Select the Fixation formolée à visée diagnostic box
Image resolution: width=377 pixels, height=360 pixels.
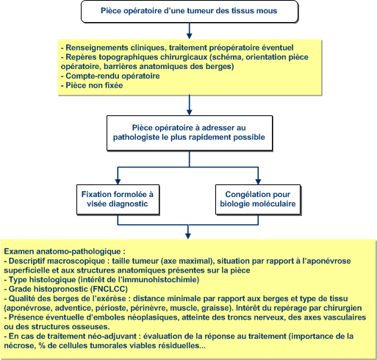click(118, 199)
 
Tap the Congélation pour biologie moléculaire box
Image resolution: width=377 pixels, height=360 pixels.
click(258, 199)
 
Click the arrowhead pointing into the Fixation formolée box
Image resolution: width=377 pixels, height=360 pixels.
click(118, 181)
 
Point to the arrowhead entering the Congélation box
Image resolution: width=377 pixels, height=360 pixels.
click(258, 181)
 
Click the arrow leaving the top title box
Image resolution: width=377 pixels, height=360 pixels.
click(189, 31)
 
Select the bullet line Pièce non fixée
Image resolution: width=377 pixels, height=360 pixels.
click(92, 85)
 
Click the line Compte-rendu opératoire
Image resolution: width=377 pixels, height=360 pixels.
click(110, 76)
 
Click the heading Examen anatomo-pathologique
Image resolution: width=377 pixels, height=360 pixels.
click(65, 251)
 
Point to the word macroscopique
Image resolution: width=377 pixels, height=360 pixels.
click(77, 261)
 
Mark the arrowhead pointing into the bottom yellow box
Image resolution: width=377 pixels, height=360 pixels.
click(188, 236)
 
